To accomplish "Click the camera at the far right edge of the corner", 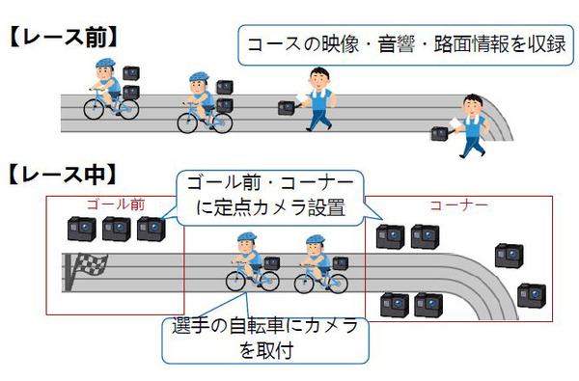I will click(530, 295).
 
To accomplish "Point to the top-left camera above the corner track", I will click(390, 237).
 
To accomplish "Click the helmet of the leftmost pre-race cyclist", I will click(103, 67).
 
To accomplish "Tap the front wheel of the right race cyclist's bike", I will click(336, 281).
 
